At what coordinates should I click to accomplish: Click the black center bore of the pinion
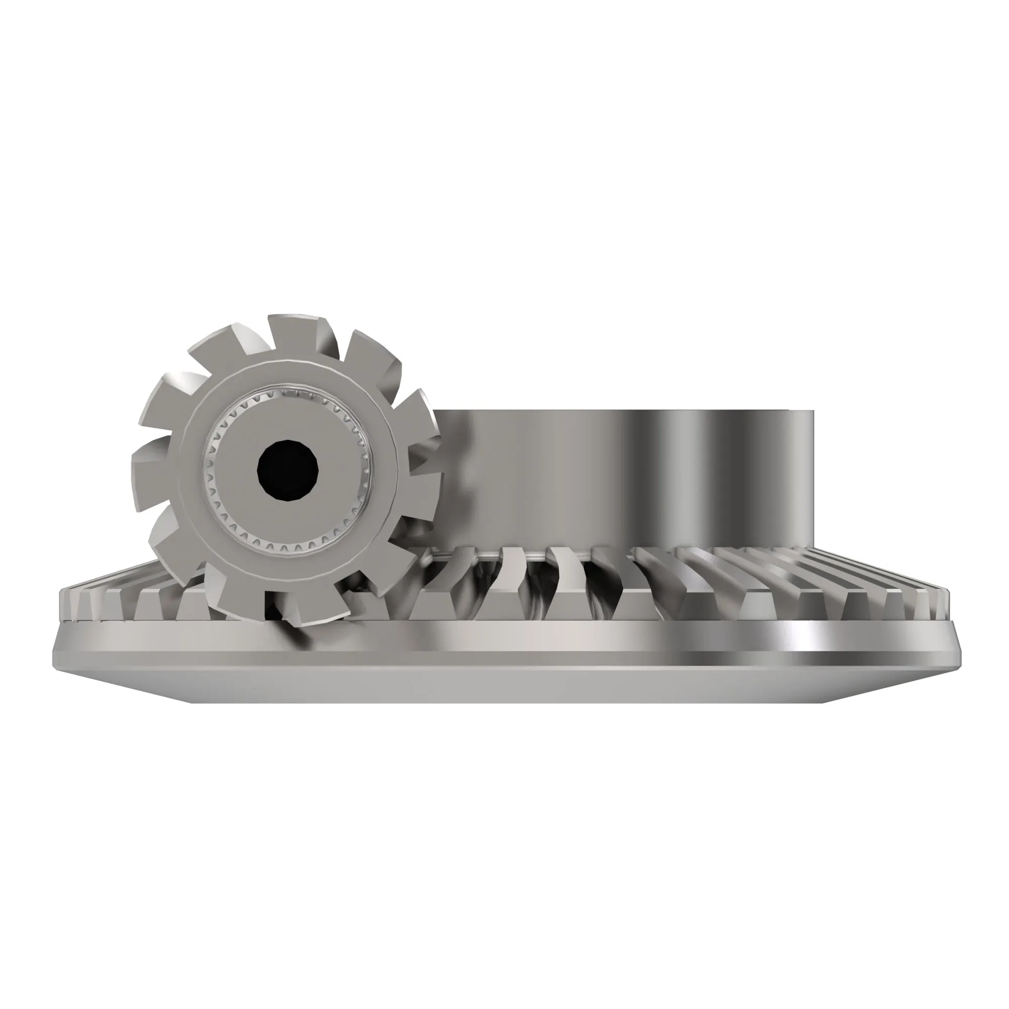point(288,471)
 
